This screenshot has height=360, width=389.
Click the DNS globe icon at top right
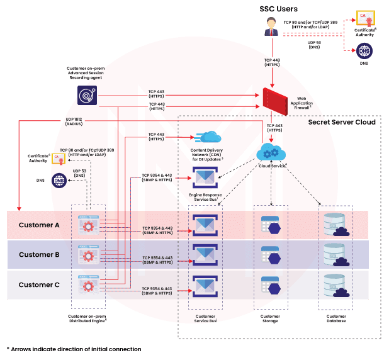(x=364, y=51)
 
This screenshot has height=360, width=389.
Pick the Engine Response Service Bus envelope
(x=205, y=177)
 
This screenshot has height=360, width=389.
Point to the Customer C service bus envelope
(x=205, y=285)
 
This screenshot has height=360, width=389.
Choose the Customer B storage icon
(x=271, y=255)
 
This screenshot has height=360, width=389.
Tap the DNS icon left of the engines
(x=59, y=181)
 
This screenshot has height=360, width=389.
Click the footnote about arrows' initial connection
(x=74, y=349)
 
